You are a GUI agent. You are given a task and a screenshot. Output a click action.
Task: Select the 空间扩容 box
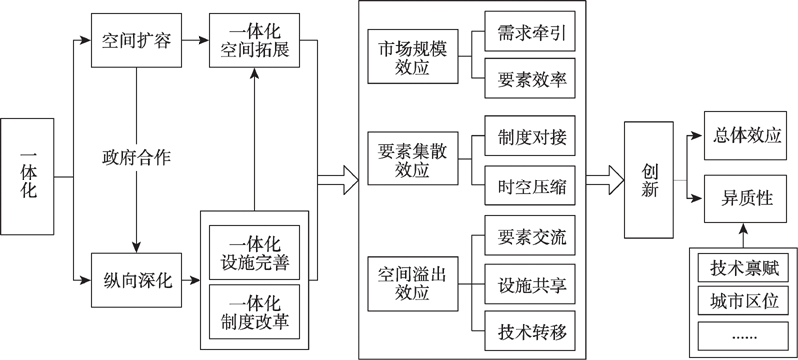pyautogui.click(x=135, y=41)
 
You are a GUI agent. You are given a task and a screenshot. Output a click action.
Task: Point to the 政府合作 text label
pyautogui.click(x=136, y=158)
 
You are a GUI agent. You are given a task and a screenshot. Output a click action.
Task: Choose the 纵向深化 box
pyautogui.click(x=135, y=280)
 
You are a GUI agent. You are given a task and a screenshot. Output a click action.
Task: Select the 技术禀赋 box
pyautogui.click(x=742, y=268)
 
